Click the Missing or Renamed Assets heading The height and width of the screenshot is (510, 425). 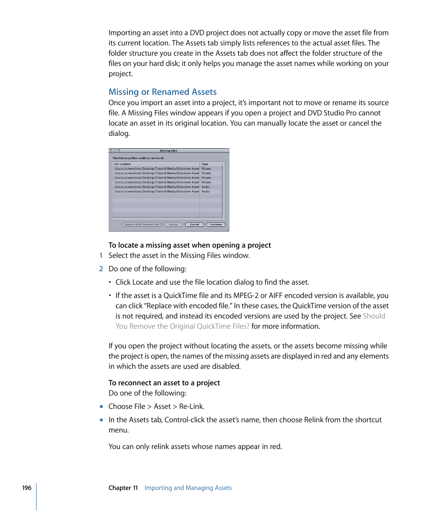pos(163,92)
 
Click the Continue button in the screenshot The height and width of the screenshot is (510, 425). pos(216,224)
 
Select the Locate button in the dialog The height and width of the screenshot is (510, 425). pos(173,224)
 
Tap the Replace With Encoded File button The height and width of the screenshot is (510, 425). pos(142,224)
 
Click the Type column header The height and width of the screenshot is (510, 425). pos(205,164)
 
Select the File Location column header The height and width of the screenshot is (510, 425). pos(123,164)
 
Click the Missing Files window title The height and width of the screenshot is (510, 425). pos(169,151)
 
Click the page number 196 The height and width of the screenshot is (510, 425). pos(27,488)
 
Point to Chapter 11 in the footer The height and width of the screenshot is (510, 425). pos(123,488)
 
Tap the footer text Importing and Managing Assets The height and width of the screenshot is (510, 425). pos(188,488)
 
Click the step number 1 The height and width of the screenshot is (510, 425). pos(101,255)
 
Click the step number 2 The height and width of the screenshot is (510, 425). pos(101,269)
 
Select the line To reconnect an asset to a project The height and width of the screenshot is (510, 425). pos(164,383)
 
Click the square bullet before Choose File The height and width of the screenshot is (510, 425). pos(101,406)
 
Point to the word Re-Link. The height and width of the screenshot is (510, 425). pos(192,406)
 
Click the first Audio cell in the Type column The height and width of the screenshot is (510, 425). pos(206,187)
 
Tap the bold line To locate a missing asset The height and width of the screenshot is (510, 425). pos(190,245)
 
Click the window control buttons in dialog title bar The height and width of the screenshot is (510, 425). pos(115,151)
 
